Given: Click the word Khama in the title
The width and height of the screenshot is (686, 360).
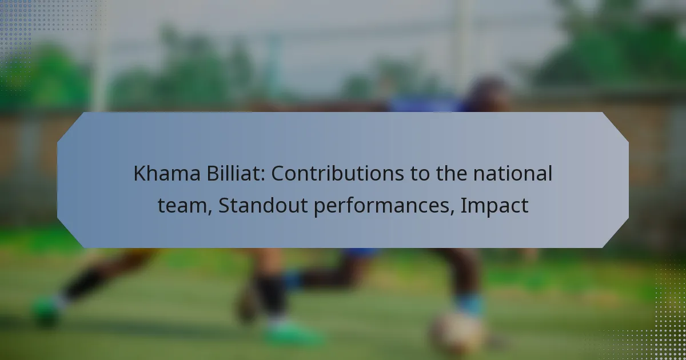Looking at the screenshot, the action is pos(167,173).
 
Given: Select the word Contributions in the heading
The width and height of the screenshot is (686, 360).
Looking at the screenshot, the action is pos(337,173).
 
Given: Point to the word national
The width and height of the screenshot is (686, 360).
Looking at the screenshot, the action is pos(513,173).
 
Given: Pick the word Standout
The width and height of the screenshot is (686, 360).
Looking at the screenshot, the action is pos(263,205).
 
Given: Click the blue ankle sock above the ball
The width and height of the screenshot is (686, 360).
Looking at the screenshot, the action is pos(469,304).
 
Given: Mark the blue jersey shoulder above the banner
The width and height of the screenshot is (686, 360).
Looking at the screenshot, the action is pos(426,105).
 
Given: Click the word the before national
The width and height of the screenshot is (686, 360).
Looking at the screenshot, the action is pos(452,173).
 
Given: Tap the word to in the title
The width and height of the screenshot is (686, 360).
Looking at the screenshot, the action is pos(420,174).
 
